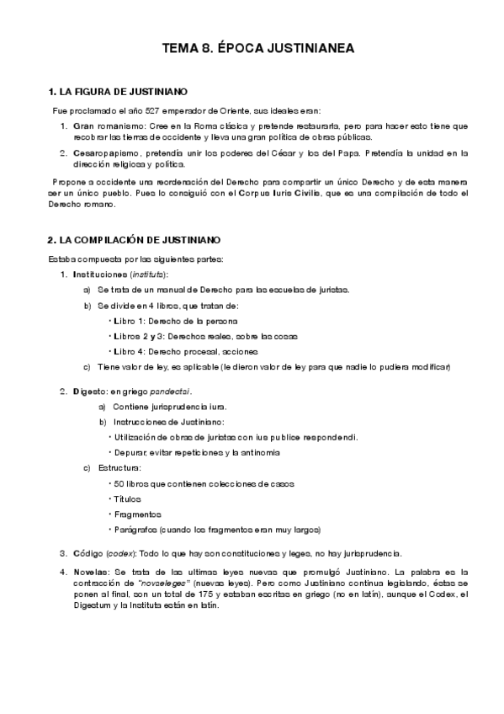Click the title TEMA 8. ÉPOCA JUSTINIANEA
(252, 50)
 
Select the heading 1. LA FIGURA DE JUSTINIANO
(118, 91)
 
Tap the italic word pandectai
(172, 392)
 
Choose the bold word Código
(87, 553)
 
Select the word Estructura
(119, 467)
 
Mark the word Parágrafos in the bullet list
(135, 530)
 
